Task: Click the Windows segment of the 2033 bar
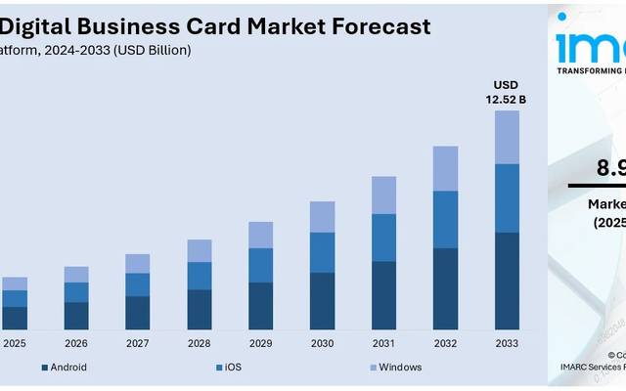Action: [x=506, y=137]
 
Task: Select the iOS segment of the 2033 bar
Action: [x=506, y=198]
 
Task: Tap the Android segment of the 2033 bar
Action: [x=506, y=281]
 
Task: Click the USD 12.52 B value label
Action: [x=507, y=92]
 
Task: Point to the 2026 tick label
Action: [x=76, y=343]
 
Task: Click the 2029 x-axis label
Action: [x=260, y=343]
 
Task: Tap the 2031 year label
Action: [x=383, y=343]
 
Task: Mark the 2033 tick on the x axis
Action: [x=507, y=343]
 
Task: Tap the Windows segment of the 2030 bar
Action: [x=322, y=217]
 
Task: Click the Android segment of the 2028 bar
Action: [x=200, y=309]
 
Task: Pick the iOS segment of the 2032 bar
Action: [x=445, y=219]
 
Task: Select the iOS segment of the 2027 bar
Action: [x=138, y=284]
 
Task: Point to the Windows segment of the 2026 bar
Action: [x=76, y=274]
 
